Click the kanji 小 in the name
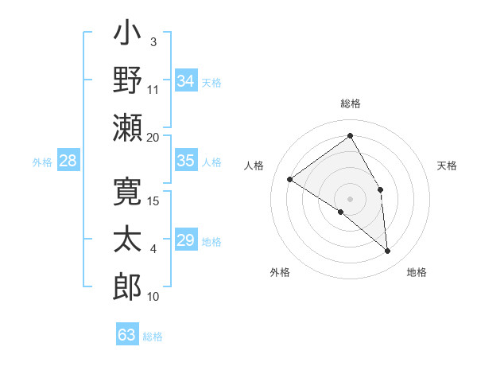point(127,35)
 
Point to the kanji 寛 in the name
point(127,193)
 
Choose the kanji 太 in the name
point(127,240)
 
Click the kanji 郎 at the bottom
point(127,285)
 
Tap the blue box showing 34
point(186,80)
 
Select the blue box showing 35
point(186,161)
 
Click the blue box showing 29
point(186,240)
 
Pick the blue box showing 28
point(68,161)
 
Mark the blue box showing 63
point(127,335)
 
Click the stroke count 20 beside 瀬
point(153,138)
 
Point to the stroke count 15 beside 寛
point(154,201)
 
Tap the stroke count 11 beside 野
point(153,89)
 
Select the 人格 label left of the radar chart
point(254,166)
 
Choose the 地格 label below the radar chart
point(417,272)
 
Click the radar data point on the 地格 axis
point(388,251)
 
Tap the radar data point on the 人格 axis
point(290,179)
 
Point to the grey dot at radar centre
point(350,198)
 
